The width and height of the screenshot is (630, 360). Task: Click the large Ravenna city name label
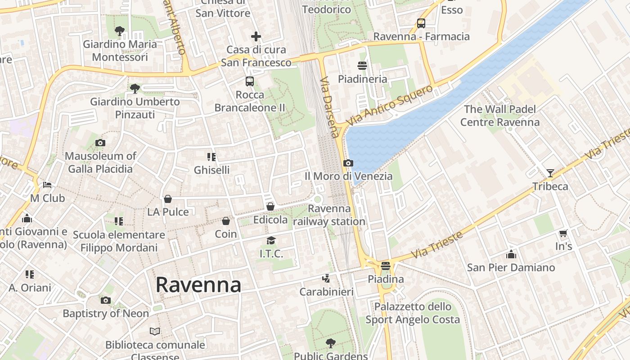(198, 285)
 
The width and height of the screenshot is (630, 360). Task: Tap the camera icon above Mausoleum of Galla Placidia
(100, 143)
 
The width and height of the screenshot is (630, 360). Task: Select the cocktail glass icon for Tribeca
(550, 173)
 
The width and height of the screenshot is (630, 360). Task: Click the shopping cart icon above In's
(563, 233)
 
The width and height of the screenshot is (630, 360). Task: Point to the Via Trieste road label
(438, 245)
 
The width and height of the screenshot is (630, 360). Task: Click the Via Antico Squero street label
(390, 105)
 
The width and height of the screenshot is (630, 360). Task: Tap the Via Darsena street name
(329, 107)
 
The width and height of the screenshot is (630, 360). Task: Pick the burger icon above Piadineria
(362, 66)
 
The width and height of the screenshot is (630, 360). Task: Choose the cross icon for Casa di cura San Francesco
(256, 36)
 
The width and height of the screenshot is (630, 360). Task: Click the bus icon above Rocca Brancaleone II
(250, 81)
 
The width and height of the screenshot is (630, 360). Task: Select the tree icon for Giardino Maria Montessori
(120, 31)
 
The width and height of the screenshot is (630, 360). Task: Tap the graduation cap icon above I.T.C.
(271, 241)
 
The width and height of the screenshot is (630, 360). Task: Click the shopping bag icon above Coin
(226, 221)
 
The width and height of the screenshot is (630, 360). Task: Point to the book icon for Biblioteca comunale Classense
(155, 332)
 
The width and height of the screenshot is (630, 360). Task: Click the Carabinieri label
(327, 292)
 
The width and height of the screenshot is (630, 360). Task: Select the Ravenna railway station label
(329, 215)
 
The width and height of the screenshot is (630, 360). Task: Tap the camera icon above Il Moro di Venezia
(348, 163)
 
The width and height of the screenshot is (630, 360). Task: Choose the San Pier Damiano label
(511, 268)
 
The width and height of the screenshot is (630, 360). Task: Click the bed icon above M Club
(47, 185)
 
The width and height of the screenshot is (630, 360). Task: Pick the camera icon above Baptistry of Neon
(106, 300)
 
